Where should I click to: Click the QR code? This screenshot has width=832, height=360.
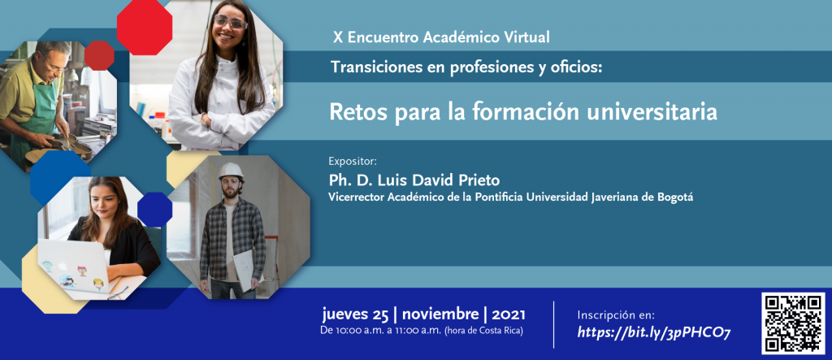tap(794, 323)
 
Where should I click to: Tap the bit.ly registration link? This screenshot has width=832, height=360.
tap(654, 333)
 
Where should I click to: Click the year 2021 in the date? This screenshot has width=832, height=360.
tap(509, 314)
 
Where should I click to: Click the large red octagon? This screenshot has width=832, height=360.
tap(145, 28)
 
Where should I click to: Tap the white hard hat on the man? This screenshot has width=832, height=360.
tap(231, 171)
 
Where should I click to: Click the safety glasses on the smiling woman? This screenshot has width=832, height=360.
tap(230, 22)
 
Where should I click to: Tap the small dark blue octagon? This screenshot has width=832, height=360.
tap(154, 209)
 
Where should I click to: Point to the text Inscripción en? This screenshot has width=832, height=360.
tap(616, 314)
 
